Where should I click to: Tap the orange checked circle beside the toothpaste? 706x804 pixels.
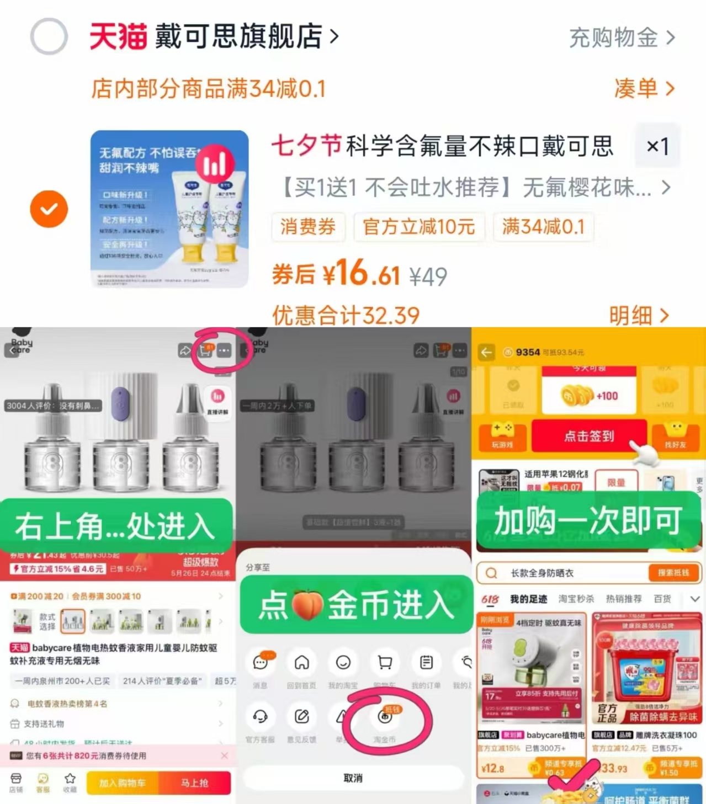point(49,209)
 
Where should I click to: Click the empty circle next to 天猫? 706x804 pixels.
point(49,36)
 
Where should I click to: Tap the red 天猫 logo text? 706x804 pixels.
point(118,36)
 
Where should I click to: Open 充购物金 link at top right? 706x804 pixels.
point(622,38)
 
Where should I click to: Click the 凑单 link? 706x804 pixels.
point(644,88)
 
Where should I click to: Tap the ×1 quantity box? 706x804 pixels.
point(657,146)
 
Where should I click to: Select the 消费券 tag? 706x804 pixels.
point(308,227)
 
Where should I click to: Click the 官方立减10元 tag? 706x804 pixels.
point(419,227)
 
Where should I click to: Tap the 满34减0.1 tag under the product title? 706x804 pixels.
point(543,227)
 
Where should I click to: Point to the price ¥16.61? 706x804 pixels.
point(362,274)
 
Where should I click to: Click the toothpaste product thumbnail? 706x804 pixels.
point(169,209)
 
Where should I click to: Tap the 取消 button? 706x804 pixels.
point(353,778)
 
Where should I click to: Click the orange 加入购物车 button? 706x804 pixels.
point(123,783)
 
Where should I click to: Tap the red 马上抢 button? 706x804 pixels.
point(195,783)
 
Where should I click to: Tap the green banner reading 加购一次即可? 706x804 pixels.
point(588,521)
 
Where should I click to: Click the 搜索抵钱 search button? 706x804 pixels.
point(673,573)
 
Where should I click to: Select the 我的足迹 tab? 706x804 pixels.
point(528,599)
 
